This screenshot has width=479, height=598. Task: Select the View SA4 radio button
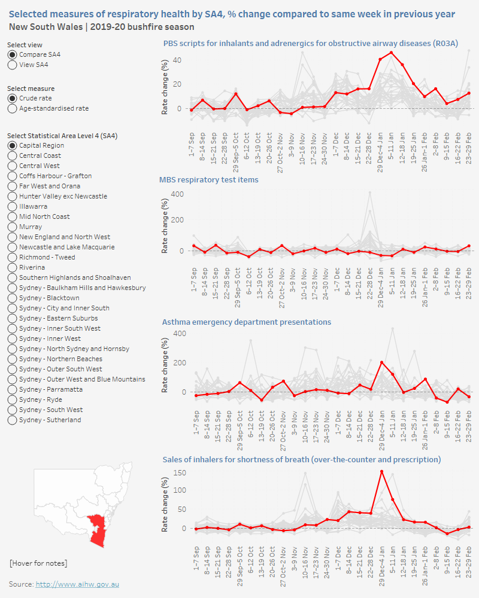(13, 65)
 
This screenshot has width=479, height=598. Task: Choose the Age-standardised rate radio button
(13, 108)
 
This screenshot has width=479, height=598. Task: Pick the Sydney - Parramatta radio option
(13, 389)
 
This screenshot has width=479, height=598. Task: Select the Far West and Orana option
(13, 186)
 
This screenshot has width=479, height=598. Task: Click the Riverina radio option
(13, 267)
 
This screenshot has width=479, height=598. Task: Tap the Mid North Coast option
(13, 216)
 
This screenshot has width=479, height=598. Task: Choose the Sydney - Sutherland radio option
(13, 420)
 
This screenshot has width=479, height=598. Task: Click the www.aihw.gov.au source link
(77, 584)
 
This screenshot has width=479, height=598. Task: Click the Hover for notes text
(38, 563)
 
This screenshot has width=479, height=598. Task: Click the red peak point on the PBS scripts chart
(391, 53)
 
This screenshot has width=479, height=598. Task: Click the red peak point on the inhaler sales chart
(381, 471)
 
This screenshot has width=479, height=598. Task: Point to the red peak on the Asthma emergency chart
(381, 362)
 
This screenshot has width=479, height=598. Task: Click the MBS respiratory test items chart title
(209, 179)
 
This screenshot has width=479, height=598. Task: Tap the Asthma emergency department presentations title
(247, 322)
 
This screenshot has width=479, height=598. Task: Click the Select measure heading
(31, 89)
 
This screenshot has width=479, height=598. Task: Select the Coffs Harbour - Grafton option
(13, 176)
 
